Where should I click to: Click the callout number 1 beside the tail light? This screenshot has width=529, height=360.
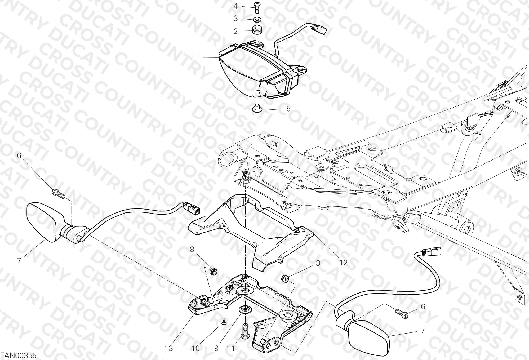tap(193, 57)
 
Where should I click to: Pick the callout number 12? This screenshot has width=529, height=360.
tap(343, 262)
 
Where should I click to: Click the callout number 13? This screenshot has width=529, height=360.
tap(169, 348)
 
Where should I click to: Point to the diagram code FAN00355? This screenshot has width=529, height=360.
tap(18, 355)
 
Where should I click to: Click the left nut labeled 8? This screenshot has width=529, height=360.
tap(214, 271)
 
